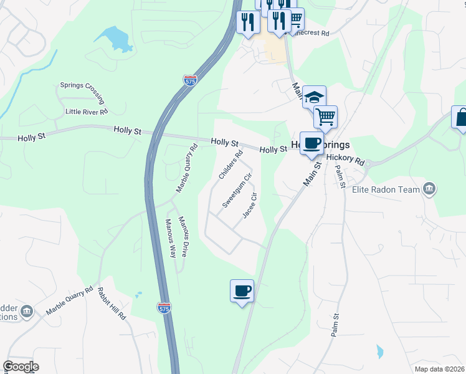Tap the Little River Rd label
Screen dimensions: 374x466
click(87, 112)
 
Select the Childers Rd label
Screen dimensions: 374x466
click(230, 165)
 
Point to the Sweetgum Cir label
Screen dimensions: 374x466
click(237, 191)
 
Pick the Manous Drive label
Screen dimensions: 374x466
click(183, 237)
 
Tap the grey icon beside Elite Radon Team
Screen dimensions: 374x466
click(429, 189)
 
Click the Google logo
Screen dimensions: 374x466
click(21, 367)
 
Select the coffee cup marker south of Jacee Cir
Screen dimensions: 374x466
click(242, 290)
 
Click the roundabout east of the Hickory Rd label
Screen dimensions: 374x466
click(369, 165)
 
